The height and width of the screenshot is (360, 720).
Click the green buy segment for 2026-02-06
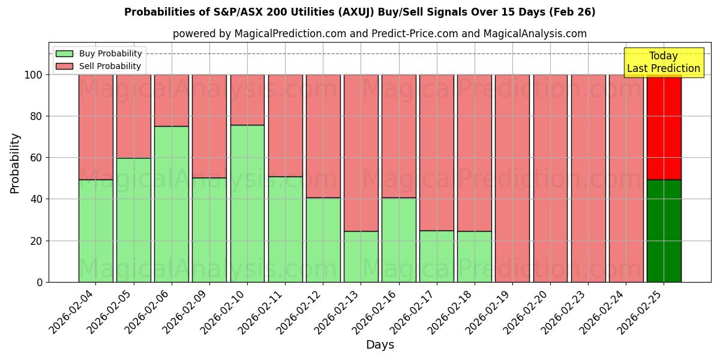172,204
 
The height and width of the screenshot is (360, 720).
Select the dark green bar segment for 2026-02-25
664,231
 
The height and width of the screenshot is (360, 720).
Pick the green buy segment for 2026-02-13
361,256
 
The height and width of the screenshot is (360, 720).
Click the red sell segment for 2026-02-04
96,127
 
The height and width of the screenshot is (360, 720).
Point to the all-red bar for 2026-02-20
550,178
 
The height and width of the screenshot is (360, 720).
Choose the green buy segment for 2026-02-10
247,203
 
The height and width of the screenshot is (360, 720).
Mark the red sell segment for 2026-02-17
437,152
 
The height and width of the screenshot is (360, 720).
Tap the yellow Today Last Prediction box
663,62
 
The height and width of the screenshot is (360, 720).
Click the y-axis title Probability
15,163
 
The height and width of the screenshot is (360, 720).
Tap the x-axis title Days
380,345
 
